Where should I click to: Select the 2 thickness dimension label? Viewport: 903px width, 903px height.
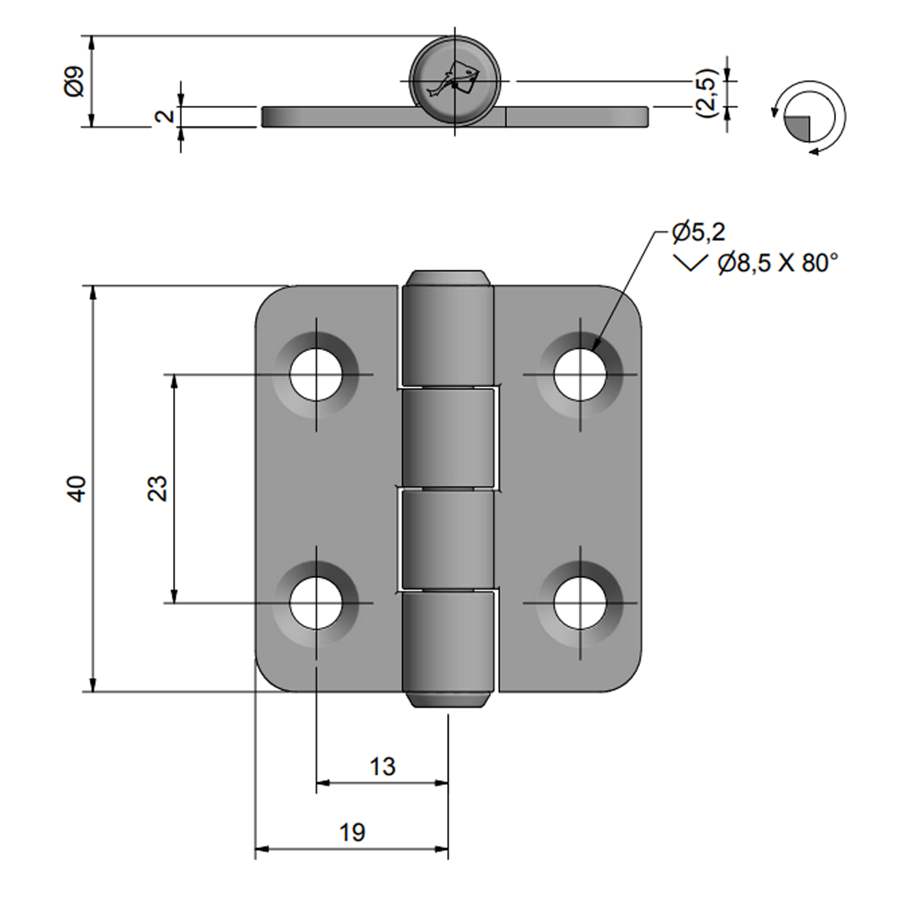coord(164,116)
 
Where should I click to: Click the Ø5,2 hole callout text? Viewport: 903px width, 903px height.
coord(698,232)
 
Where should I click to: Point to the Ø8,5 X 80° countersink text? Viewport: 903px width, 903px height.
coord(778,263)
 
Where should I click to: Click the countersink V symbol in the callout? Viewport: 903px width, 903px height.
coord(690,263)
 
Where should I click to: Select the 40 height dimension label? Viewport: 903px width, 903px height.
coord(77,488)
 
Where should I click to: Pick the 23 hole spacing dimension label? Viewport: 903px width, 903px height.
coord(157,488)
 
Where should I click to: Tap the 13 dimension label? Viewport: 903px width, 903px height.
coord(382,767)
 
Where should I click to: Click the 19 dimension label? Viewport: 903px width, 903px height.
coord(352,833)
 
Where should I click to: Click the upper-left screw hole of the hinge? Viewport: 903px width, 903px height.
coord(316,374)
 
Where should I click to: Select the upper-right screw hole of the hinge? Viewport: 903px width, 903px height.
coord(580,374)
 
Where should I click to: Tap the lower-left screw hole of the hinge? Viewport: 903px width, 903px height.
coord(316,603)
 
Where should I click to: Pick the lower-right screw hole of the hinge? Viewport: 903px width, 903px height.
coord(580,603)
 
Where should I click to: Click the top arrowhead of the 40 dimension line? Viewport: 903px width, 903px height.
coord(93,293)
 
